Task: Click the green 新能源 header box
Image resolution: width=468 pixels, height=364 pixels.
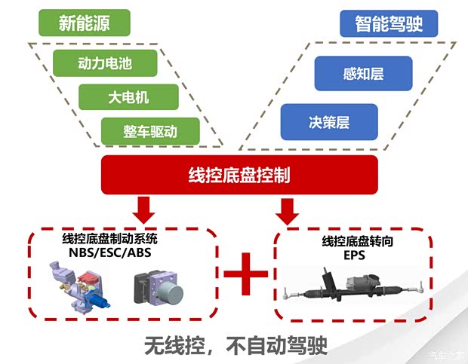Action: (x=85, y=23)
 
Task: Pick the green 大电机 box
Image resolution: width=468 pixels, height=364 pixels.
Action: (x=128, y=97)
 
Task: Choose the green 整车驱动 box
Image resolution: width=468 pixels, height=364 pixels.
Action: (x=150, y=131)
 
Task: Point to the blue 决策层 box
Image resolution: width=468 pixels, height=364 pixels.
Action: (x=329, y=121)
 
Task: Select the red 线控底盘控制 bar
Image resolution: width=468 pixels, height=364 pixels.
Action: (x=239, y=176)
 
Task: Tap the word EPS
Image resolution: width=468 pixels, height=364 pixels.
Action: (x=353, y=255)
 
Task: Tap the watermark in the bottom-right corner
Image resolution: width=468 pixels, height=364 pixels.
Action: (x=447, y=356)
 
